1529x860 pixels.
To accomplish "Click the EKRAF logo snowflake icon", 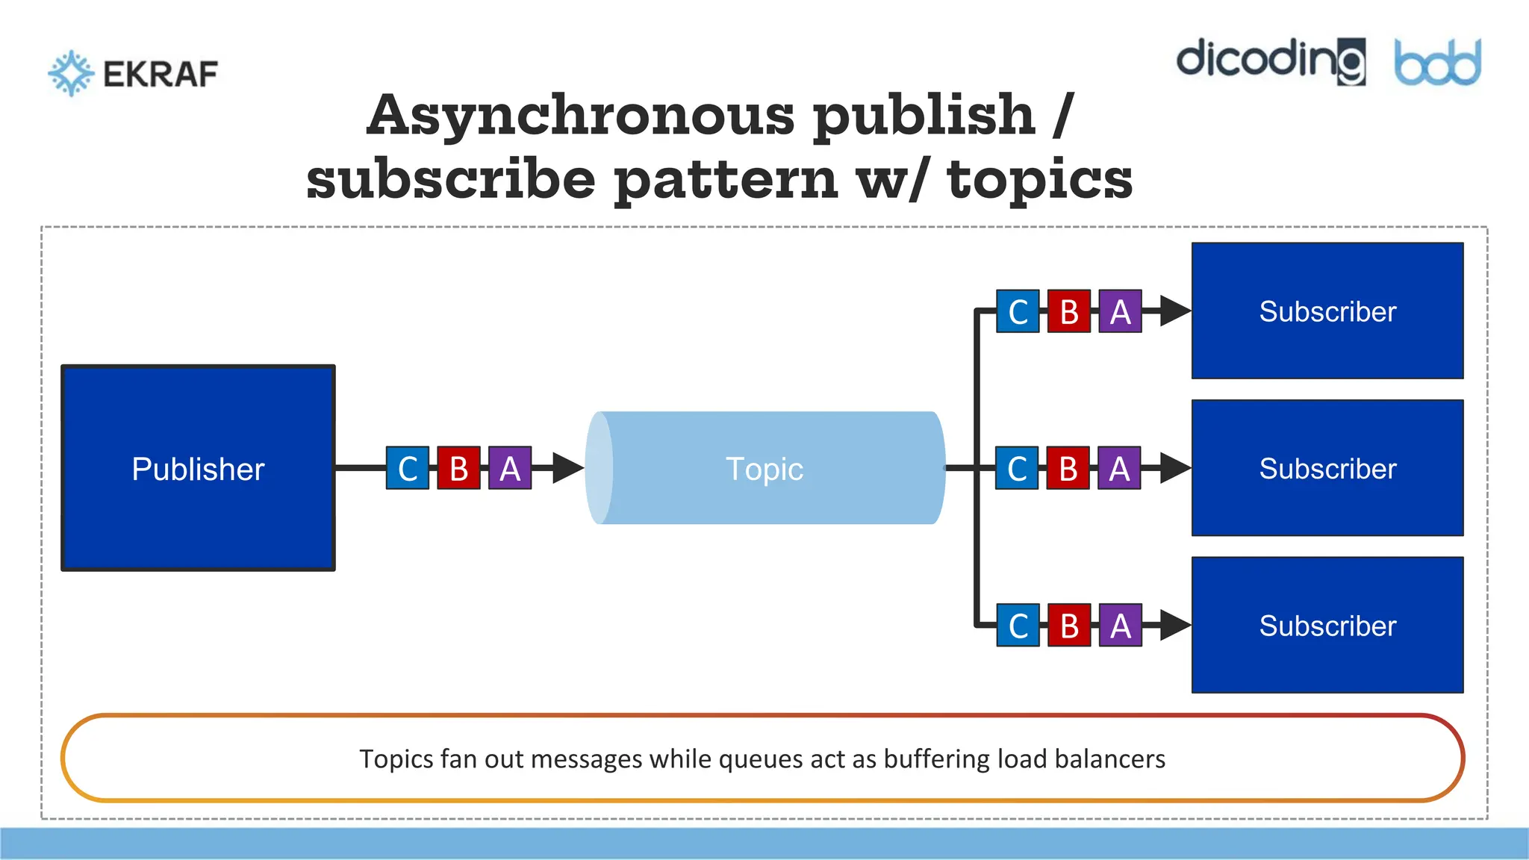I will coord(71,73).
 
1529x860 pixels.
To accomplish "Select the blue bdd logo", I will coord(1437,63).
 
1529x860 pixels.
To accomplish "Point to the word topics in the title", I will coord(1039,179).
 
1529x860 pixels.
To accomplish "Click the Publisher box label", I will coord(198,470).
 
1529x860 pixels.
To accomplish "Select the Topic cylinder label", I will coord(764,470).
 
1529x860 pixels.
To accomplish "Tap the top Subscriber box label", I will coord(1327,312).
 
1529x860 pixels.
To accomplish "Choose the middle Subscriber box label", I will coord(1327,470).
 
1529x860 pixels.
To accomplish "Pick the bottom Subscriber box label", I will coord(1327,626).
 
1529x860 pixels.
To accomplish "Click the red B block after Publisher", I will coord(458,468).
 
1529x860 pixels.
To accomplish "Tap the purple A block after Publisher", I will coord(510,468).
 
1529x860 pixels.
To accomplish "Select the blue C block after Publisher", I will coord(408,468).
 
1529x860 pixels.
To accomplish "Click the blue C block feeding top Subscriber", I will coord(1018,311).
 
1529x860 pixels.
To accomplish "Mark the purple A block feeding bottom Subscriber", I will coord(1120,626).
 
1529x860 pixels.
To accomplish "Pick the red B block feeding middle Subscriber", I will coord(1068,468).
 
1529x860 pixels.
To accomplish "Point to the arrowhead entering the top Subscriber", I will coord(1175,311).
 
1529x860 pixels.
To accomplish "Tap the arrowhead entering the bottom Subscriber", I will coord(1175,626).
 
